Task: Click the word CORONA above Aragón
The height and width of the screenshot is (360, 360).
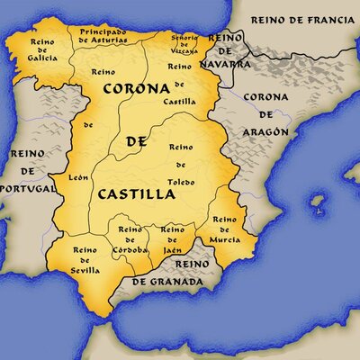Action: (x=266, y=97)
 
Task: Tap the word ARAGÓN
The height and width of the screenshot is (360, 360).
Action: (x=265, y=132)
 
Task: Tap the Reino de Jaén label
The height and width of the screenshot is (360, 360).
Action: (x=173, y=236)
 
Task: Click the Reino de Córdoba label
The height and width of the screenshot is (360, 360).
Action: (x=130, y=237)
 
